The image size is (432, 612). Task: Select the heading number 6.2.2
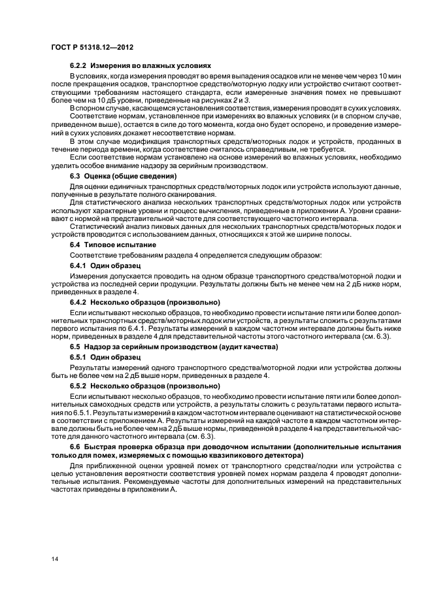tap(78, 66)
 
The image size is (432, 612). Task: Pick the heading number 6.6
tap(75, 446)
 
